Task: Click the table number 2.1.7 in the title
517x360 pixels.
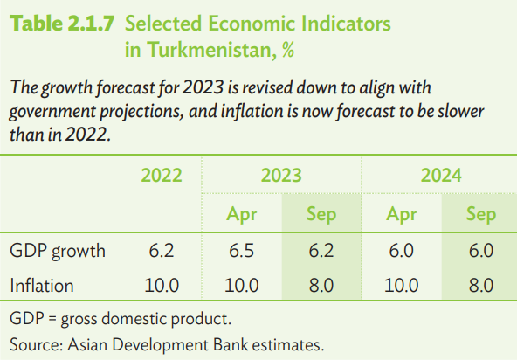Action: [91, 24]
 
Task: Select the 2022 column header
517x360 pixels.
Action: [162, 175]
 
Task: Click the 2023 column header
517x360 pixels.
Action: [281, 175]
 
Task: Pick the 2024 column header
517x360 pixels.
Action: [441, 175]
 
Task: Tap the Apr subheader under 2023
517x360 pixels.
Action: [241, 214]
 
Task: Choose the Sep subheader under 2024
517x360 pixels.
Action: [481, 214]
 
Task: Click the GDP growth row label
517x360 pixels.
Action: [58, 251]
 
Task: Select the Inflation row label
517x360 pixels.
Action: [42, 286]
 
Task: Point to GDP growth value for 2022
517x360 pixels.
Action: [162, 251]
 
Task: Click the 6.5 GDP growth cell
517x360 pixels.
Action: [241, 251]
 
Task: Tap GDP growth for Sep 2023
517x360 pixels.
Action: [321, 251]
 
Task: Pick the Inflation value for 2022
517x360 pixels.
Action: [162, 286]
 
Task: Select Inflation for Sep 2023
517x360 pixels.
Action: [321, 286]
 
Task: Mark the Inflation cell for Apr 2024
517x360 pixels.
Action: [401, 286]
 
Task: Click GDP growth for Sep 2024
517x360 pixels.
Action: [481, 251]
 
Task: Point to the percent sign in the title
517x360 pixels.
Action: [288, 50]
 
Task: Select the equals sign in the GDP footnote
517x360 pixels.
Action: [52, 319]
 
